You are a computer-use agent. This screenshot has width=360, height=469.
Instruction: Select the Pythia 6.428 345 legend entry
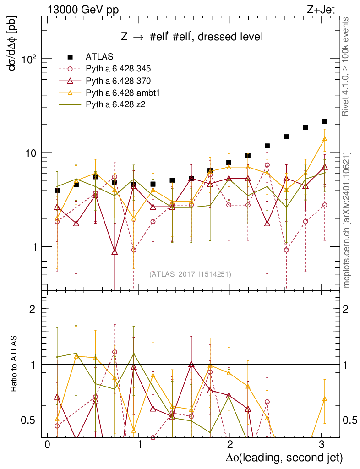(x=118, y=69)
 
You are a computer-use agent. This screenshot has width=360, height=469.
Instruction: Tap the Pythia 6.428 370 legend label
(x=118, y=81)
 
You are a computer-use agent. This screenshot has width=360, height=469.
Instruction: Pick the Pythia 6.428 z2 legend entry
(x=115, y=105)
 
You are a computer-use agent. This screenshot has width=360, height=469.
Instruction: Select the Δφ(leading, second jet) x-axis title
(x=284, y=457)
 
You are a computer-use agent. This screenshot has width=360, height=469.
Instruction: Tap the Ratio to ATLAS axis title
(x=15, y=367)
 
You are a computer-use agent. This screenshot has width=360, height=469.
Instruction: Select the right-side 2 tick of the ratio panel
(x=347, y=309)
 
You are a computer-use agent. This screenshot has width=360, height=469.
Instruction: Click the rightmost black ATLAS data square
(x=324, y=121)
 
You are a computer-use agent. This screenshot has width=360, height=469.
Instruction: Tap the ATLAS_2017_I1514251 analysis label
(x=190, y=274)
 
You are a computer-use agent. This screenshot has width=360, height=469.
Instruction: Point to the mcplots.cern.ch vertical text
(x=347, y=220)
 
